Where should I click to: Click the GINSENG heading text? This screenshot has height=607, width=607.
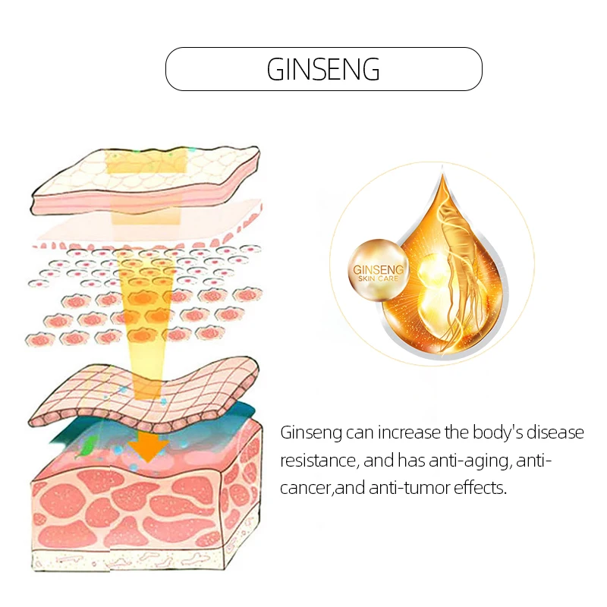[323, 70]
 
